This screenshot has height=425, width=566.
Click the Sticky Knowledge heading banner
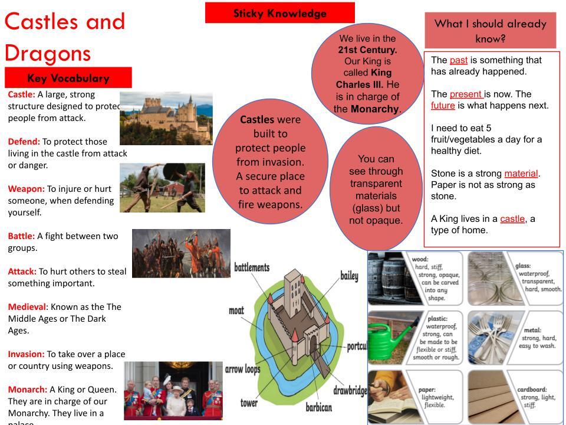click(x=279, y=13)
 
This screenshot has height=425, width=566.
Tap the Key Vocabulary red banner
click(x=68, y=78)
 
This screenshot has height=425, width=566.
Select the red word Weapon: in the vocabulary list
click(x=26, y=189)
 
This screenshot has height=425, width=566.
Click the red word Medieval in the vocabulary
click(x=27, y=307)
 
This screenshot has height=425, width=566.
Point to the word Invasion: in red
click(x=26, y=354)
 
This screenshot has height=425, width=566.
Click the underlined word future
click(x=443, y=106)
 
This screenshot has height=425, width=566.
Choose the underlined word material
click(x=521, y=174)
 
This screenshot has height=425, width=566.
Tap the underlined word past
click(x=458, y=60)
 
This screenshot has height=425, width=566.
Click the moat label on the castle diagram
click(x=236, y=310)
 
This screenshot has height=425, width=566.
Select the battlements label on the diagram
click(x=252, y=267)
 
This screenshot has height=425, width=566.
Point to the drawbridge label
click(x=350, y=390)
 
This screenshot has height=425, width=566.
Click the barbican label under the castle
click(x=318, y=407)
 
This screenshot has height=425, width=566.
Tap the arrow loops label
click(x=242, y=370)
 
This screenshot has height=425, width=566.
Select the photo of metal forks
click(x=489, y=335)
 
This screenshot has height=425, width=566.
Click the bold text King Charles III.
click(x=364, y=79)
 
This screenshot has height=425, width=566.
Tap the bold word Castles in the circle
click(x=256, y=120)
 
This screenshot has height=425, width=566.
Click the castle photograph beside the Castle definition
click(x=166, y=118)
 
